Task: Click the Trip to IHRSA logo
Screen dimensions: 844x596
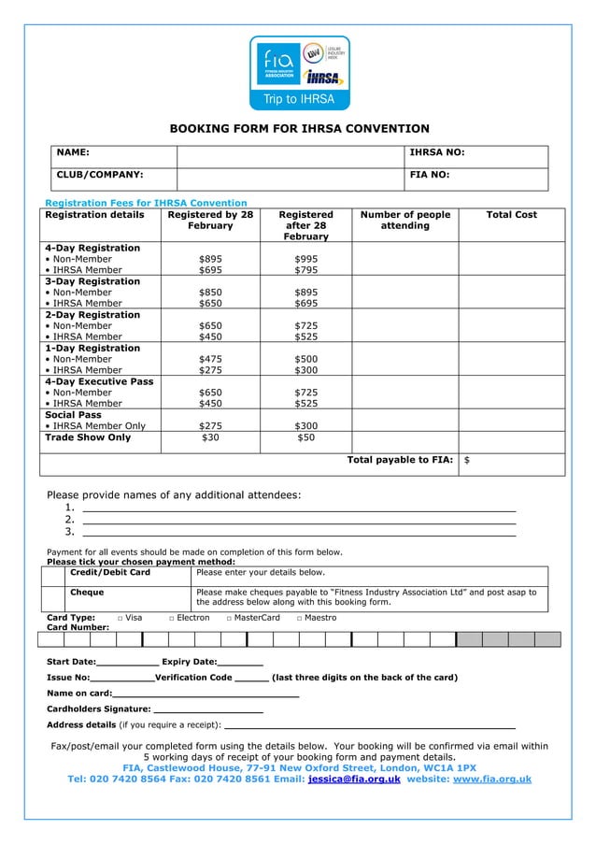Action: [x=298, y=74]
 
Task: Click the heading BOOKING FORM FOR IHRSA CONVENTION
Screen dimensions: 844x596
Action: [x=298, y=129]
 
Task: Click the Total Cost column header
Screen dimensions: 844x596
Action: [x=511, y=215]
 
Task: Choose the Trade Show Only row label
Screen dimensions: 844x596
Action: [x=89, y=437]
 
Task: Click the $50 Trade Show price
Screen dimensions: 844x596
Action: [x=305, y=437]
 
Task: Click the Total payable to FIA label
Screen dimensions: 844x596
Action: [x=400, y=460]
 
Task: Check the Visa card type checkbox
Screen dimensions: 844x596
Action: [x=121, y=618]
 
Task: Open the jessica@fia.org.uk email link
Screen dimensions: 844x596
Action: [x=354, y=779]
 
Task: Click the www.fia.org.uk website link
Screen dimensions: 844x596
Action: [x=491, y=779]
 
